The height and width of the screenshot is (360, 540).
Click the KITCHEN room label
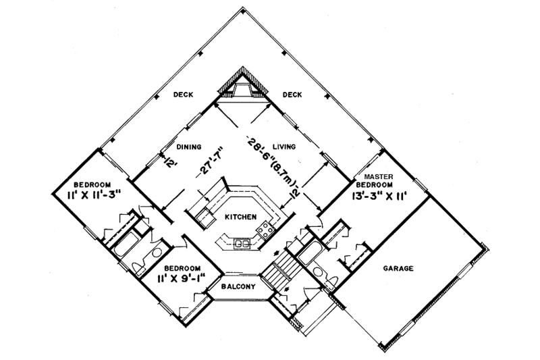(240, 217)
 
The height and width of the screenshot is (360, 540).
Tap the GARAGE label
(398, 268)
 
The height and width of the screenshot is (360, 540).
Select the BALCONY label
(238, 286)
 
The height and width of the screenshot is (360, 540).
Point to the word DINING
(189, 147)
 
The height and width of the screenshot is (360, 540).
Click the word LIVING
(284, 147)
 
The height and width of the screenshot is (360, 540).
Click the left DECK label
(183, 95)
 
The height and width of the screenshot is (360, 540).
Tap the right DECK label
(292, 95)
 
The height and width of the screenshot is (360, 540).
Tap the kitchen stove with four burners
(265, 229)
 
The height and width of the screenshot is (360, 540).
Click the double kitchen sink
(242, 244)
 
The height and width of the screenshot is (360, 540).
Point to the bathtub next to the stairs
(310, 253)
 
